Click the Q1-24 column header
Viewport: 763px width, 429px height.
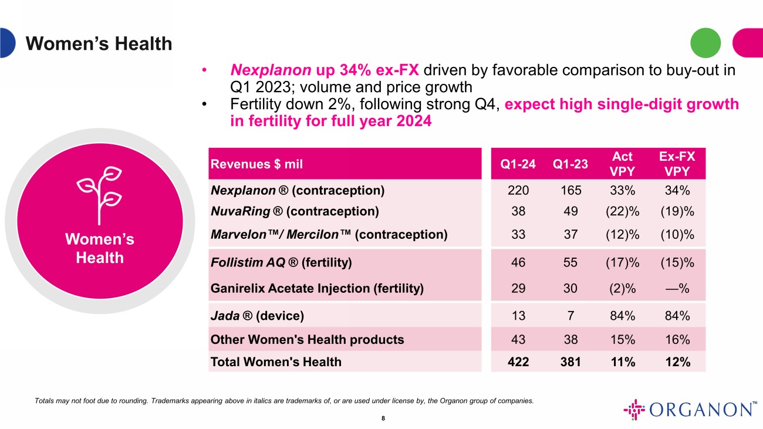[518, 164]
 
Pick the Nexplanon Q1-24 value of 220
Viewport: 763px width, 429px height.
[518, 190]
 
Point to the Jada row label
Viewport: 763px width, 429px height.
[257, 316]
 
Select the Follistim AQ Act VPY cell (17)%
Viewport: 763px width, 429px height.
[623, 262]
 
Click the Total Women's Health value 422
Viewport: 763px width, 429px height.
[518, 362]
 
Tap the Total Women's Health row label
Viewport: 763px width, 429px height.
[276, 362]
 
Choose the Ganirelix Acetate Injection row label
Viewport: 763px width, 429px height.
[317, 288]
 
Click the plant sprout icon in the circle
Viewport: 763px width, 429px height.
[100, 188]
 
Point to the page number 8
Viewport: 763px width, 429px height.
[383, 418]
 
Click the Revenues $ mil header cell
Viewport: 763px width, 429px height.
[256, 164]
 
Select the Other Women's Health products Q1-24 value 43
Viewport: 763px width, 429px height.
[518, 339]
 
